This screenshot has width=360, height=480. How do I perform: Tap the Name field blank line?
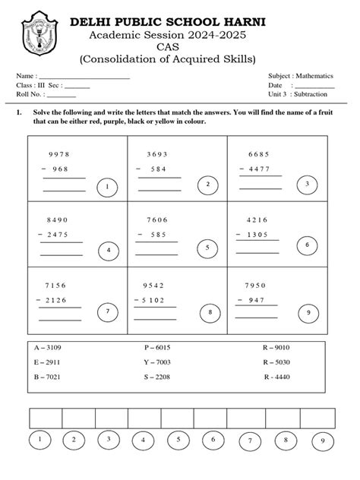coord(84,77)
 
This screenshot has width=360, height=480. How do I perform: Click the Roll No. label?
coord(30,95)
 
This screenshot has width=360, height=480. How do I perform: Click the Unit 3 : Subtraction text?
coord(298,95)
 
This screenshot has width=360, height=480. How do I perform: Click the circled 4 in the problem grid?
coord(109,250)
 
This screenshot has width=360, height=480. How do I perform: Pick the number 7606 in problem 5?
coord(156,220)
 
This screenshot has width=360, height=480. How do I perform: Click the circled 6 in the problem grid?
coord(307,245)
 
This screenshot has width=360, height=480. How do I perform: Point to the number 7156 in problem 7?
coord(58,286)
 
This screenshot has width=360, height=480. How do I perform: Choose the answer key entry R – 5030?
coord(276,362)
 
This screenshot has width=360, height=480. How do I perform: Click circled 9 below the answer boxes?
coord(323,441)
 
